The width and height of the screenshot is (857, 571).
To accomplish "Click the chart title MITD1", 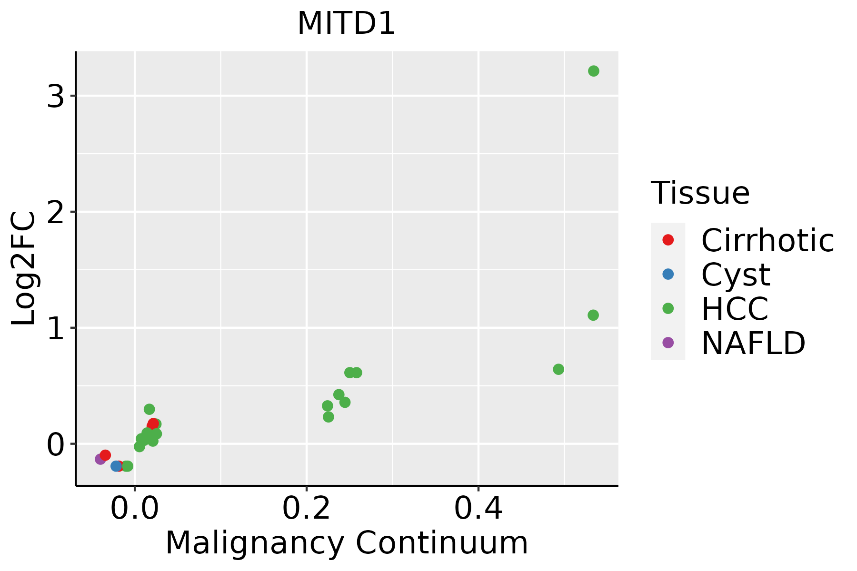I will pos(346,24).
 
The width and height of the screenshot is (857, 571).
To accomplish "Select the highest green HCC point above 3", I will pos(593,71).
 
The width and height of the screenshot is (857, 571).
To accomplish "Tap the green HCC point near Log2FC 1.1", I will pos(593,315).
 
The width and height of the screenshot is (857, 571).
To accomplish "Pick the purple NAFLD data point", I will pos(100,459).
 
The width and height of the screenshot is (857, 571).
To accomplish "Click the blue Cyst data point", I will pos(116,466).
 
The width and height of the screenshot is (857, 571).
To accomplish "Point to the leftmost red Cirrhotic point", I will pos(105,455).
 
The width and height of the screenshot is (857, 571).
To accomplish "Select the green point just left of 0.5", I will pos(558,369).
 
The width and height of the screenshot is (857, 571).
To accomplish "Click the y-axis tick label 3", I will pos(56,97).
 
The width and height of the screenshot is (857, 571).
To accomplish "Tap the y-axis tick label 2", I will pos(56,213).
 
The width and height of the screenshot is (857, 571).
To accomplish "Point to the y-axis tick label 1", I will pos(56,329).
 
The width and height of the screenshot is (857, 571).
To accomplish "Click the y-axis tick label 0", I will pos(56,445).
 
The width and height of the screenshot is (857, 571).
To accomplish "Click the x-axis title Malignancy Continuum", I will pos(346,543).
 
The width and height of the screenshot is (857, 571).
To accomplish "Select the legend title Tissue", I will pos(700,193).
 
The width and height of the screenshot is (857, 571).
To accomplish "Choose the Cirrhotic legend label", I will pos(767,240).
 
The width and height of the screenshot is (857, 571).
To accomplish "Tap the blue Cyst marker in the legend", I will pos(668,275).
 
